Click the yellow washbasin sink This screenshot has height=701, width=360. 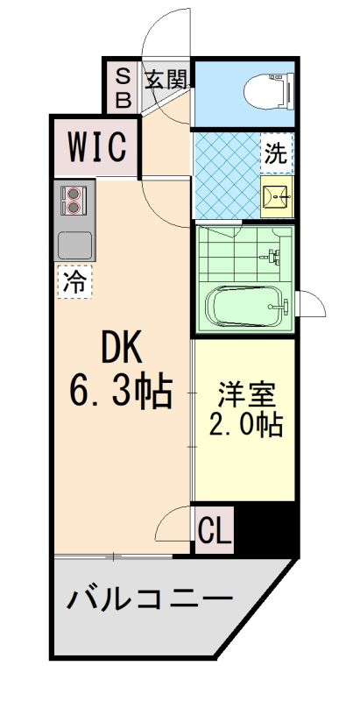click(x=278, y=198)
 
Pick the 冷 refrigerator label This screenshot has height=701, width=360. click(x=77, y=281)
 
